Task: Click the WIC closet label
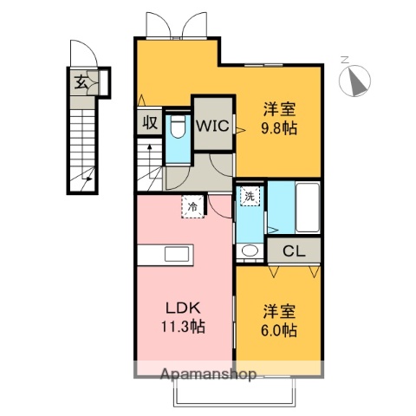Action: click(x=211, y=126)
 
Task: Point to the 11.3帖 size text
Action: click(x=183, y=329)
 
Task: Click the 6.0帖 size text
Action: click(x=279, y=330)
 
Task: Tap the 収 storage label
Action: click(x=149, y=123)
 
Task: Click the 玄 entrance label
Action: click(x=80, y=83)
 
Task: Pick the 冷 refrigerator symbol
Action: click(x=194, y=206)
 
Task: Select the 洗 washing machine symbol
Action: click(x=250, y=196)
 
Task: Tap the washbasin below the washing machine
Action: click(x=250, y=251)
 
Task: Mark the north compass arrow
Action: click(x=354, y=80)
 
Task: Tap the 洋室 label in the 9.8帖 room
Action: click(x=279, y=110)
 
